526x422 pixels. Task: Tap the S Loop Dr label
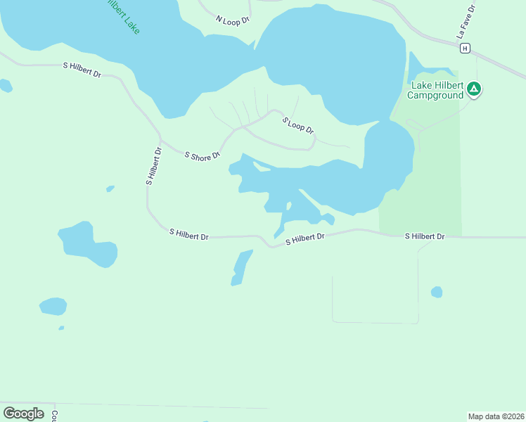click(298, 126)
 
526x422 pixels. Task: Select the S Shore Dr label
click(203, 155)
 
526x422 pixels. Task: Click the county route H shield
click(465, 48)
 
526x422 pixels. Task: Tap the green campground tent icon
click(475, 89)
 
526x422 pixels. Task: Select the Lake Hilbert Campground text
click(437, 90)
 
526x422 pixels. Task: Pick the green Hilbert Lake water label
click(123, 15)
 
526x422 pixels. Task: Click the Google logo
click(24, 414)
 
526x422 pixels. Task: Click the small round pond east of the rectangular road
click(437, 291)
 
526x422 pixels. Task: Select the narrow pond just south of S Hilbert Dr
click(240, 268)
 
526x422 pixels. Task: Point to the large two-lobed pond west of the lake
click(87, 245)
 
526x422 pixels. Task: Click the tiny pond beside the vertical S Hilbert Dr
click(110, 188)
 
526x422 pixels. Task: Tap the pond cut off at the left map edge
click(5, 86)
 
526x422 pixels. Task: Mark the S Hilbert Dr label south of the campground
click(425, 236)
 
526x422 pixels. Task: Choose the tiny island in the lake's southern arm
click(288, 206)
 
